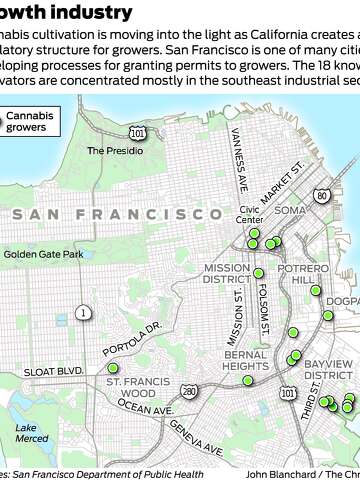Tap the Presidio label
click(x=109, y=151)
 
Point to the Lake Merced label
click(x=31, y=433)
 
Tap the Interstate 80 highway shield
click(x=321, y=195)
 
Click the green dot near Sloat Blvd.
click(x=112, y=368)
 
